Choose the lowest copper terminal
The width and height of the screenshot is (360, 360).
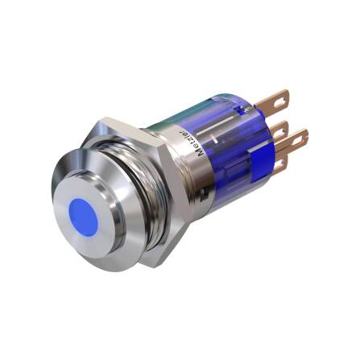pos(279,164)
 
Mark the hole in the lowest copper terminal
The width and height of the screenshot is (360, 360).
pos(281,164)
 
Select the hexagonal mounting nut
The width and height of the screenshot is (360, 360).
pos(153,180)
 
